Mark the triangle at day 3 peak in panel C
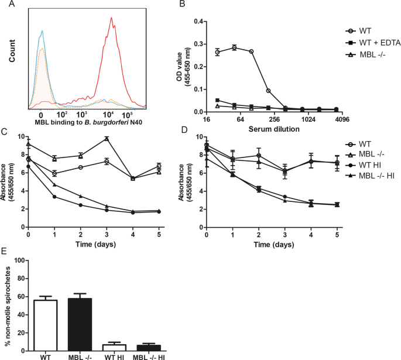[107, 138]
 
